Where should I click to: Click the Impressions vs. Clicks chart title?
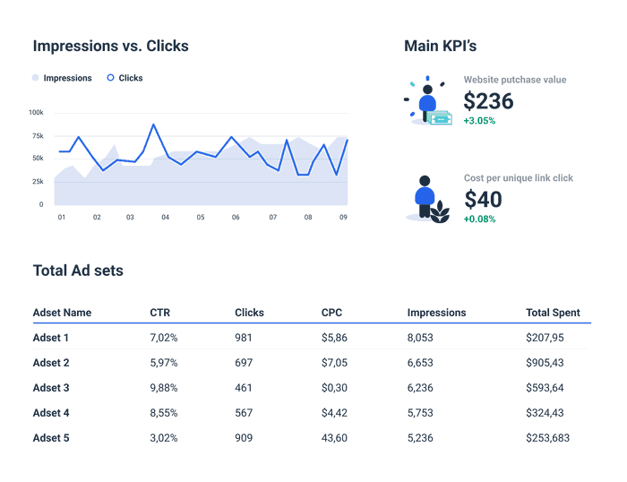coord(110,46)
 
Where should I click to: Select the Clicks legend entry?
coord(125,78)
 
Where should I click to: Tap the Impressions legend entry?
coord(63,78)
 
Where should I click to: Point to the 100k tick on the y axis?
coord(36,113)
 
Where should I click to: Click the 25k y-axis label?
coord(37,181)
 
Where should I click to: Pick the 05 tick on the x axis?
coord(201,217)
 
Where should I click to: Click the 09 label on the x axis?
coord(343,217)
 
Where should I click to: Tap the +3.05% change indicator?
coord(479,120)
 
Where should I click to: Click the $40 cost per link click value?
coord(483,199)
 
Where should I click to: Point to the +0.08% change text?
coord(479,219)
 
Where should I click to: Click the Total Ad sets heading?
coord(78,270)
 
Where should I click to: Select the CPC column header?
coord(331,313)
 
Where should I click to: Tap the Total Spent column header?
coord(552,313)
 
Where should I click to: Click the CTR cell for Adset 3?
coord(164,388)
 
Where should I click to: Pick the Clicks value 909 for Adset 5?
coord(244,438)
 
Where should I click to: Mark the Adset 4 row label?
coord(51,413)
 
